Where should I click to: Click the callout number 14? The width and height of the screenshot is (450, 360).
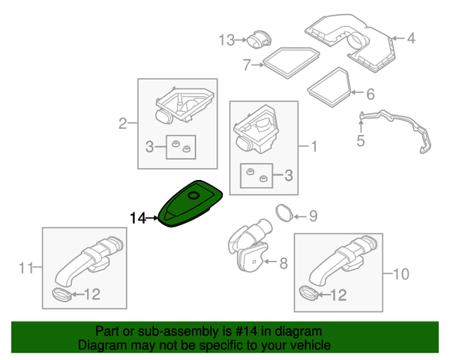point(137,218)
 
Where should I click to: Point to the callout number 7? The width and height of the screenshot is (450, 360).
point(246,64)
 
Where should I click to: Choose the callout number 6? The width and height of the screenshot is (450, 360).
point(369,94)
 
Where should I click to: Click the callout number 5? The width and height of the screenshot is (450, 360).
point(361,139)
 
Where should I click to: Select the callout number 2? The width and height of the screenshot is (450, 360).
point(122,123)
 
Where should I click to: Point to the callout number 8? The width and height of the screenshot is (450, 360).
point(283,263)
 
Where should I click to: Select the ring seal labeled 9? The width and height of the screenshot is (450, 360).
point(284,212)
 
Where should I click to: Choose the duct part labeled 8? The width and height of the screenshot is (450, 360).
point(250,244)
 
